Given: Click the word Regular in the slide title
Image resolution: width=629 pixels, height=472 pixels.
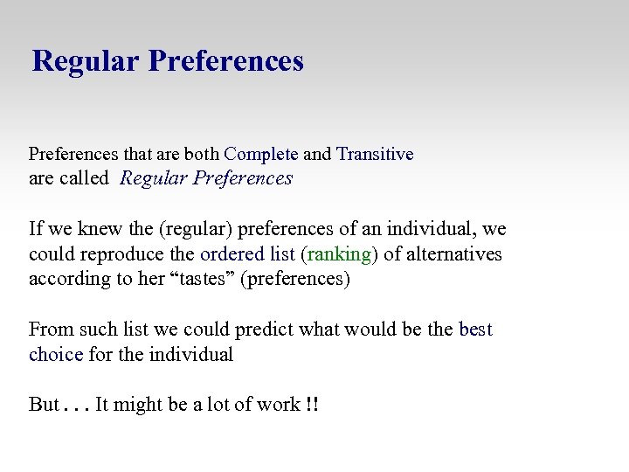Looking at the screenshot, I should tap(86, 61).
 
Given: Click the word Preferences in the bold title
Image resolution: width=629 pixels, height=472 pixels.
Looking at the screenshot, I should tap(226, 61).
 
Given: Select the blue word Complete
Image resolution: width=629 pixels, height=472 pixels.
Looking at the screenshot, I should tap(261, 155).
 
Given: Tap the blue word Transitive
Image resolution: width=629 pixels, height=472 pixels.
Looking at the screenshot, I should tap(375, 155).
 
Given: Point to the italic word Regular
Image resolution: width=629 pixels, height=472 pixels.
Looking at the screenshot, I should tap(154, 178).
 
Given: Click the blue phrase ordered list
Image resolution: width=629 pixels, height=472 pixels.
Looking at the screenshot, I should tap(247, 254).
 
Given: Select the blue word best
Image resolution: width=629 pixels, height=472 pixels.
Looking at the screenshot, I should tap(475, 330).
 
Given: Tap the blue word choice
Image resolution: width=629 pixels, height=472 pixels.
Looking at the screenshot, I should tap(55, 355).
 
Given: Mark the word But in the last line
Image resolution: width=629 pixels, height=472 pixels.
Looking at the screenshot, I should tap(44, 405).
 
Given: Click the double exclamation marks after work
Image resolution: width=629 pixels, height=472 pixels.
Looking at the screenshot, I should tap(312, 405).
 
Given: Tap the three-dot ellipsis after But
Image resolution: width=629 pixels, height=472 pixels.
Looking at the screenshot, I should tap(78, 407).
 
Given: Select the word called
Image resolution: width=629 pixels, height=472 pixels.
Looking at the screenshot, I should tap(84, 178).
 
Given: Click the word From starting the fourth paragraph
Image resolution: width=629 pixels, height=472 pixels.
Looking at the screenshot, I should tap(51, 330).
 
